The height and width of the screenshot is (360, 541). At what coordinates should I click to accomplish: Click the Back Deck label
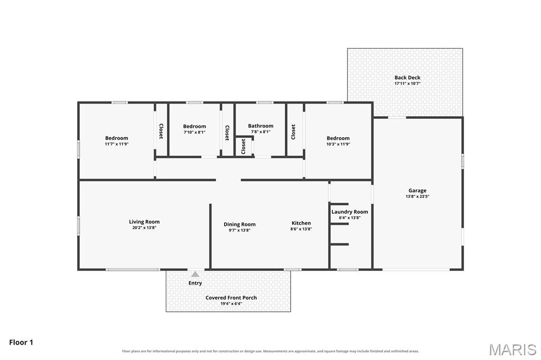point(407,78)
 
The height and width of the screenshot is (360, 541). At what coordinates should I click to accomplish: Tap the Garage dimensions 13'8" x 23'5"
point(417,196)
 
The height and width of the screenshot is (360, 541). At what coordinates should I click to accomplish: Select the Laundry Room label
point(350,212)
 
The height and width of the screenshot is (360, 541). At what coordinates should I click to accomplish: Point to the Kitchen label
point(301,223)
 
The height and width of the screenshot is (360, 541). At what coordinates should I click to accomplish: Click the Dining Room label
point(239,224)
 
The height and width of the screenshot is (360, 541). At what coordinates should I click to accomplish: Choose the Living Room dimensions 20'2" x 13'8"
point(144,228)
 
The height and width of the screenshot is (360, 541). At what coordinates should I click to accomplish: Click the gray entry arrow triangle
point(195,274)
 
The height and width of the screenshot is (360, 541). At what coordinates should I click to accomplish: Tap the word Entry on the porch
point(195,283)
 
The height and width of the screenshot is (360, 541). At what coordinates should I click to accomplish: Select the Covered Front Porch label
point(231,298)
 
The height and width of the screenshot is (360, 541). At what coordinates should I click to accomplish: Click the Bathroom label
point(260,126)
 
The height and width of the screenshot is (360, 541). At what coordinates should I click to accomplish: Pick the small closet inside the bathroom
point(244,146)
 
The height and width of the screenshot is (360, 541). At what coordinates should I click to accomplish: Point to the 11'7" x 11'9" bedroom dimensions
point(117,144)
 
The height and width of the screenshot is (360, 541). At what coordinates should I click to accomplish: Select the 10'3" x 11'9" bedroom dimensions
point(338,144)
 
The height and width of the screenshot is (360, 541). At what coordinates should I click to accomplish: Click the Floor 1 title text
point(21,343)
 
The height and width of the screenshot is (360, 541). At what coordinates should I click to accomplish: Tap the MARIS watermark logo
point(512,349)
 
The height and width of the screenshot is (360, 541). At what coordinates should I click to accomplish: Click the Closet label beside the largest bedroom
point(161,131)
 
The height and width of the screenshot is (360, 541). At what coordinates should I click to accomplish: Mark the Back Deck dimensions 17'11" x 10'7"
point(407,83)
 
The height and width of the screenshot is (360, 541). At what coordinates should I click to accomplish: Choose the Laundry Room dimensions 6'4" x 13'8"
point(350,217)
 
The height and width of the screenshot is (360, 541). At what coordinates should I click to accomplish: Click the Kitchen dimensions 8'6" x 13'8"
point(301,229)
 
